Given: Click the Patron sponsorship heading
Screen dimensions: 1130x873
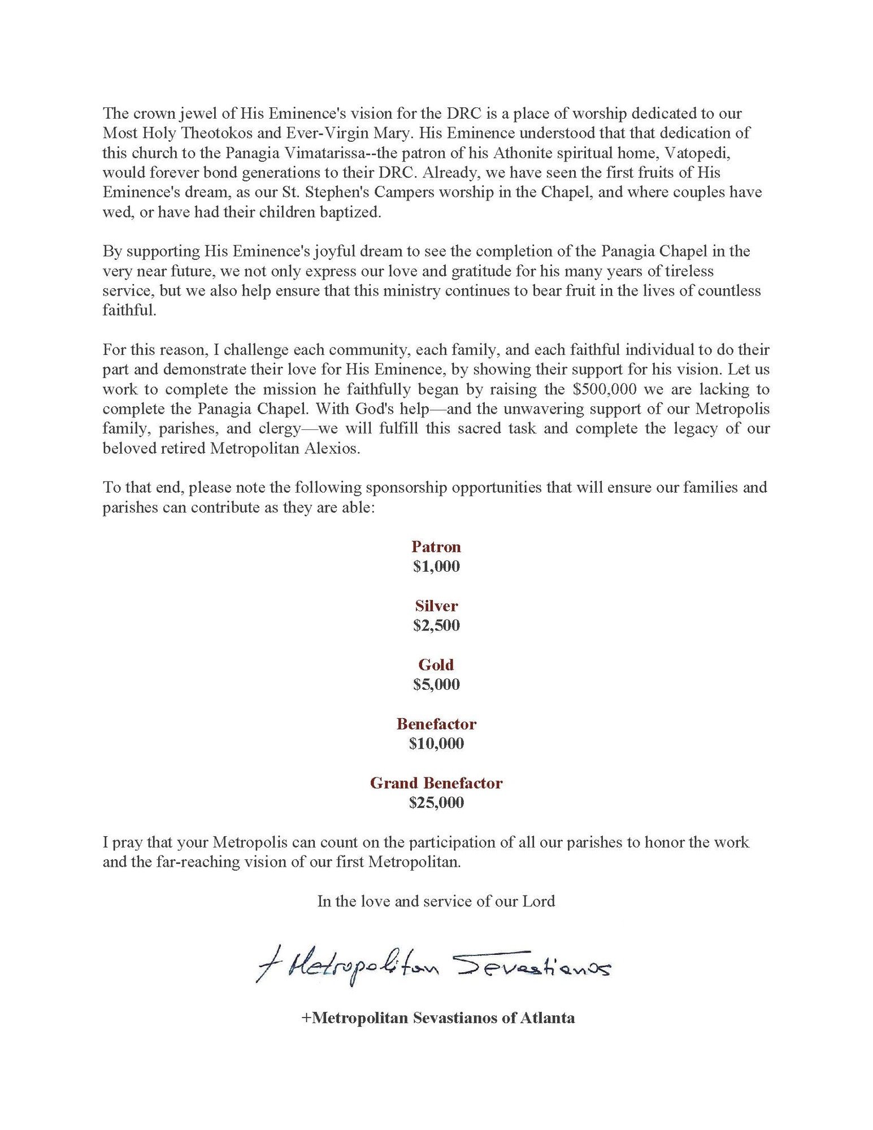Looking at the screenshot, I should pyautogui.click(x=436, y=547).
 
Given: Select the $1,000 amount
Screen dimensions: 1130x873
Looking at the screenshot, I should pyautogui.click(x=436, y=567).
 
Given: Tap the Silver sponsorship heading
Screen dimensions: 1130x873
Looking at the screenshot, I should pyautogui.click(x=436, y=606).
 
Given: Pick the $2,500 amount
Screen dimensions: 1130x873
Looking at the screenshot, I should pyautogui.click(x=436, y=625).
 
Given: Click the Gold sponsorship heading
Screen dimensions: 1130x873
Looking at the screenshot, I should pyautogui.click(x=436, y=665).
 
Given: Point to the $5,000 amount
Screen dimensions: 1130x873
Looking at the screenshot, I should pyautogui.click(x=436, y=685).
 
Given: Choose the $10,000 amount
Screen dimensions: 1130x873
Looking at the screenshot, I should pyautogui.click(x=436, y=744).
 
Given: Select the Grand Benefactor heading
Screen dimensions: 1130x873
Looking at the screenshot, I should pyautogui.click(x=436, y=783).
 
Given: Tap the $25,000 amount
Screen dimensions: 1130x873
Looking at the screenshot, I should pyautogui.click(x=436, y=803).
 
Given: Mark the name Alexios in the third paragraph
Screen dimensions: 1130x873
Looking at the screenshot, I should pyautogui.click(x=333, y=449).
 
